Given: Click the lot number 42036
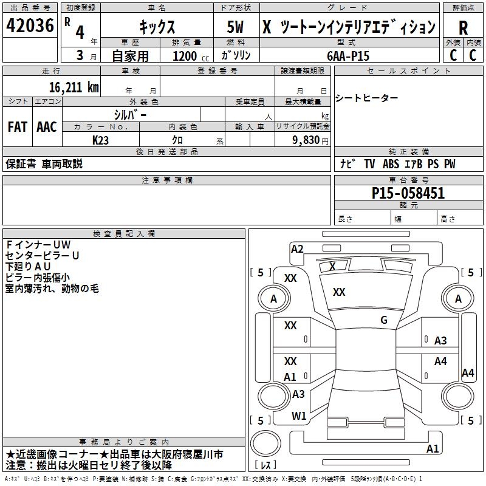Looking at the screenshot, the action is pos(30,27).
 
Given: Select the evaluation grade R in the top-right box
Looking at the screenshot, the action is pos(463,28).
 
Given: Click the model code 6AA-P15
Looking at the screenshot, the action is pos(348,55).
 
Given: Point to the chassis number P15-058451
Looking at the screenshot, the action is pos(408,193).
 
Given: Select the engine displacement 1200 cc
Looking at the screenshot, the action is pos(186,56).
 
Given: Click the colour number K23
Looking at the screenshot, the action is pos(101,140).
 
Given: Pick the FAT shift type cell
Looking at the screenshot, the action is pos(18,127).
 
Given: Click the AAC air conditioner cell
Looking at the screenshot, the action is pos(47,127).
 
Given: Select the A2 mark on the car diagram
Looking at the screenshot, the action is pos(297,248).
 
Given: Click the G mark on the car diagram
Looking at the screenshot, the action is pos(384,320).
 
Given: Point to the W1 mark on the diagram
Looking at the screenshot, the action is pos(299,416).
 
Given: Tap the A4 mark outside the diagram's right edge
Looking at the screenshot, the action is pos(468,373).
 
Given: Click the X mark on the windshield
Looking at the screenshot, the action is pos(332,266).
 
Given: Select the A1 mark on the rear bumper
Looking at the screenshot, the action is pos(433,449).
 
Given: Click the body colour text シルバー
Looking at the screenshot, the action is pos(130,114).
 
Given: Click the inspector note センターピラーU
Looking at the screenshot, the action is pos(43,255).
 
